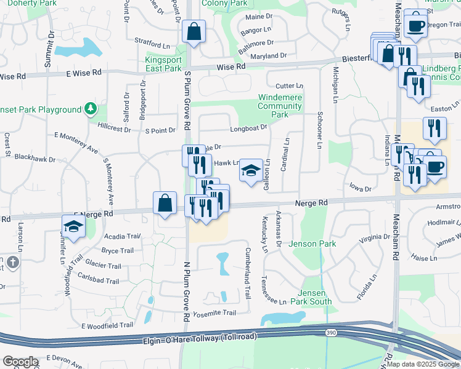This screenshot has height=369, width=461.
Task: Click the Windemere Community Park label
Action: pyautogui.click(x=280, y=106)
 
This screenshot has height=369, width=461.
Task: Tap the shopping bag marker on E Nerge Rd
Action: pyautogui.click(x=165, y=204)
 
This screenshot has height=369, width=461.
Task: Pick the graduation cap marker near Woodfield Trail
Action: pyautogui.click(x=74, y=227)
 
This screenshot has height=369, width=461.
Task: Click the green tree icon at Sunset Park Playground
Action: pyautogui.click(x=91, y=109)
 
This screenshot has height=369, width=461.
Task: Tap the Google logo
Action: pyautogui.click(x=20, y=362)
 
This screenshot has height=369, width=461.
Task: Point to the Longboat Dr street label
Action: pyautogui.click(x=249, y=128)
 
